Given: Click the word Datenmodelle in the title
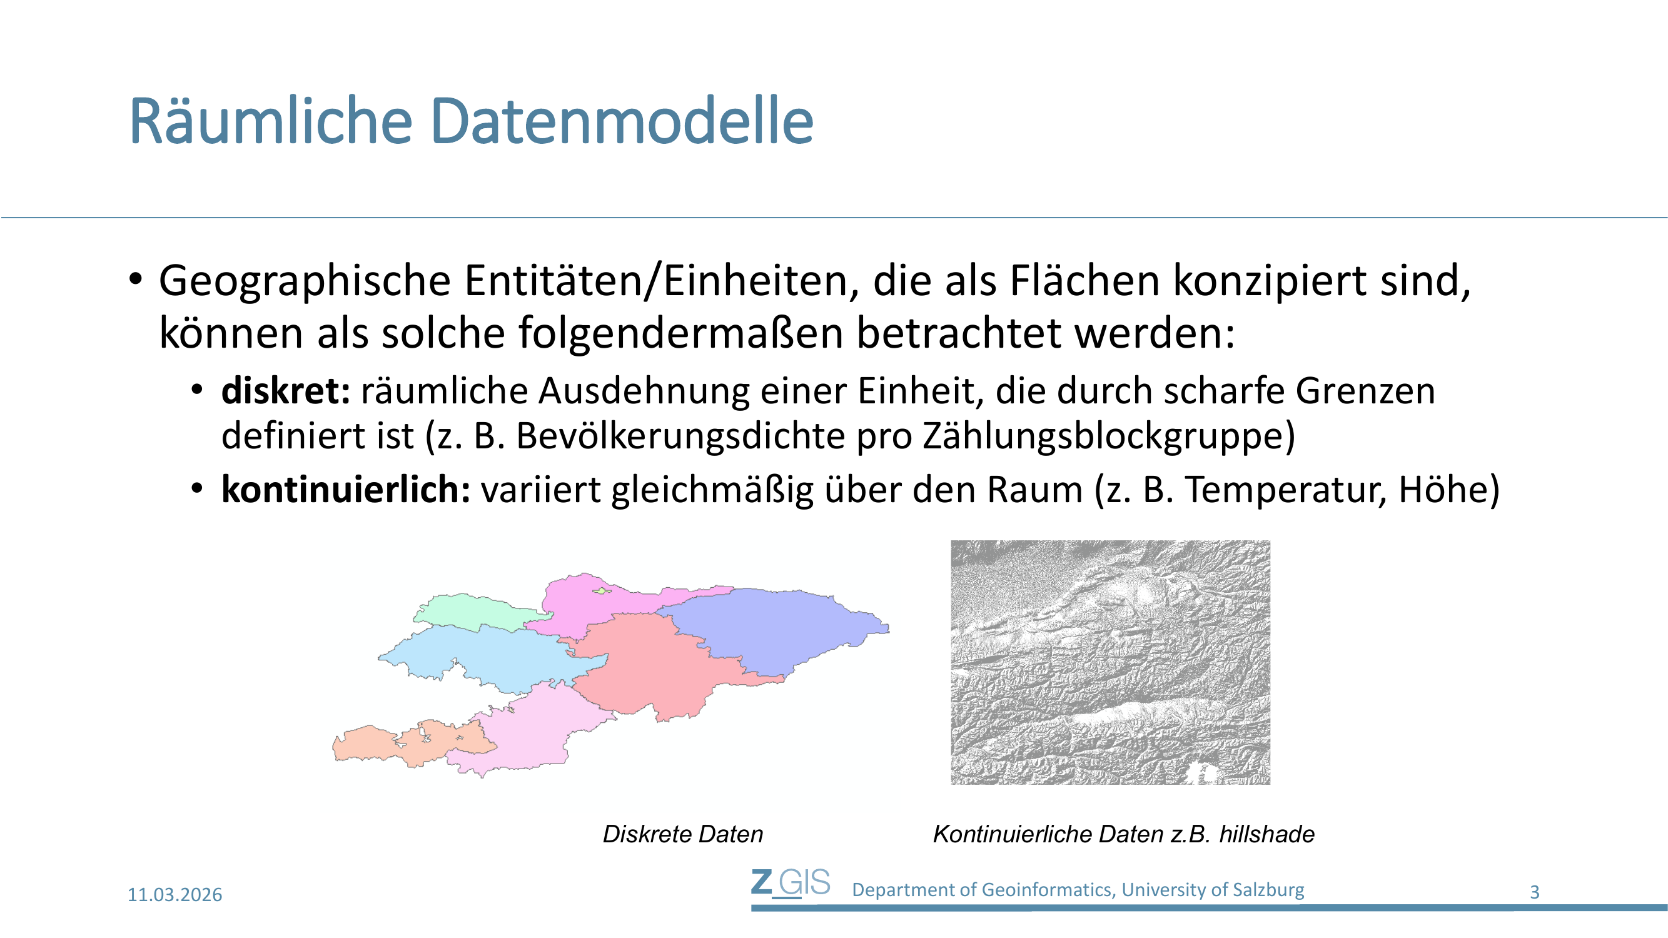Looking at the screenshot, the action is pos(621,121).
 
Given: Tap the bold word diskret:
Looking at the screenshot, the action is pos(286,391).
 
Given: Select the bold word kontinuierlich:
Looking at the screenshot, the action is pos(346,489).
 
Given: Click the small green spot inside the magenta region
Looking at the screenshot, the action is pos(602,590).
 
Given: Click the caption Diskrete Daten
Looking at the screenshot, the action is pos(683,834).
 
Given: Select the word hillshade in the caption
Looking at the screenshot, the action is pos(1266,834).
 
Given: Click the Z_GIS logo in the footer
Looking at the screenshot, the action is pos(791,883).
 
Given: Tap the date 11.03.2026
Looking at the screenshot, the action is pos(175,895).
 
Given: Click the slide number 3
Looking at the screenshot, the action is pos(1534,892).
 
